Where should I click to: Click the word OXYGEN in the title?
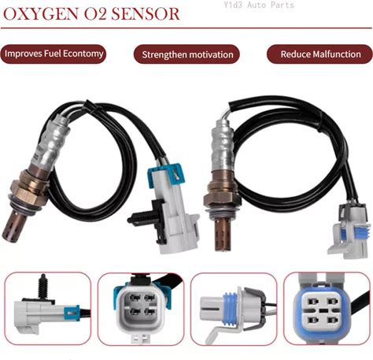(41, 14)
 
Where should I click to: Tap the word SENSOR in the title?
(146, 14)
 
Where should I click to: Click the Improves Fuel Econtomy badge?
(54, 54)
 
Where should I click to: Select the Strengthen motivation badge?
(187, 54)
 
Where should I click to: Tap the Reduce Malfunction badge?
(320, 54)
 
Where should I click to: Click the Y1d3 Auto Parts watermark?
(259, 5)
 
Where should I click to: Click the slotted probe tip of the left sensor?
(13, 227)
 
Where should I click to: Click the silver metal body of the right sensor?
(223, 147)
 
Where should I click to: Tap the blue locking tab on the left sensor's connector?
(166, 174)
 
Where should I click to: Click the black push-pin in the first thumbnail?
(41, 288)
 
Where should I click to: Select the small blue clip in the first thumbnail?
(72, 313)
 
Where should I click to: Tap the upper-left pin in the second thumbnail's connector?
(135, 298)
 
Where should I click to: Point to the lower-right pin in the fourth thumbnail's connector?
(333, 321)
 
